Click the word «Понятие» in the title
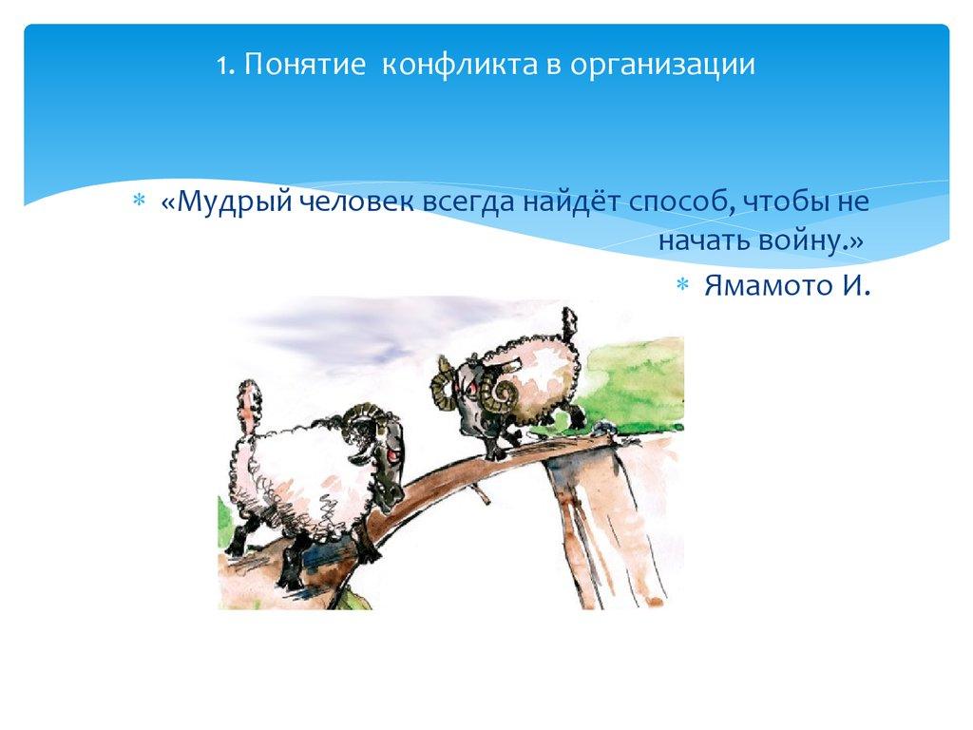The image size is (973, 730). point(304,66)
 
